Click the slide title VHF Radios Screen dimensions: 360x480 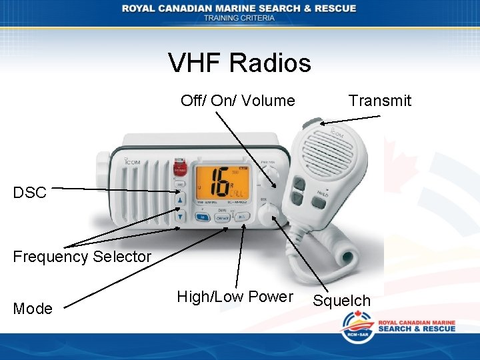239,63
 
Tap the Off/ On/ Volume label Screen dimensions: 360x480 237,101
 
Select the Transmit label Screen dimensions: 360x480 379,101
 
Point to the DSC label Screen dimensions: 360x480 30,193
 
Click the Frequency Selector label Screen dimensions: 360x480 82,256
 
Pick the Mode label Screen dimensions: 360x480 33,309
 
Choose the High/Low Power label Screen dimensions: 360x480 235,297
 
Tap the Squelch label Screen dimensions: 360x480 342,301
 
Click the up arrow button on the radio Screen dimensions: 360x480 180,200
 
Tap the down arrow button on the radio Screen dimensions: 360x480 180,215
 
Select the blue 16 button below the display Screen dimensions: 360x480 202,217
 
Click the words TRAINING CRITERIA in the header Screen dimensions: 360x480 239,18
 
